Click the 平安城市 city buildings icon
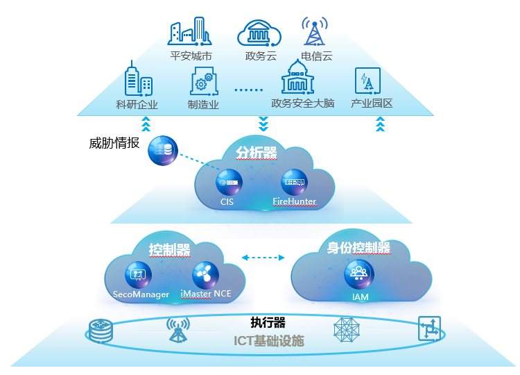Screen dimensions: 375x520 pos(189,31)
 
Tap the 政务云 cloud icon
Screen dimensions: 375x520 pos(259,33)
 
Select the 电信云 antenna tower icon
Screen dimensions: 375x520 pos(315,32)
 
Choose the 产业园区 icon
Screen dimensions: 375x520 pos(367,82)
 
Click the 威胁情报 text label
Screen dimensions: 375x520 pos(114,144)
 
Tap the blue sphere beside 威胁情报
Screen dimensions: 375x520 pos(163,149)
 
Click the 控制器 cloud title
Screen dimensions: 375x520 pos(169,250)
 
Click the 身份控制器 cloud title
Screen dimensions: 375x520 pos(358,248)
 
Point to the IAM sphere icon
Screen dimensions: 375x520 pos(359,274)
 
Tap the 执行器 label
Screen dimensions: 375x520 pos(268,323)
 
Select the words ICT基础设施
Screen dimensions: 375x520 pos(268,341)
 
